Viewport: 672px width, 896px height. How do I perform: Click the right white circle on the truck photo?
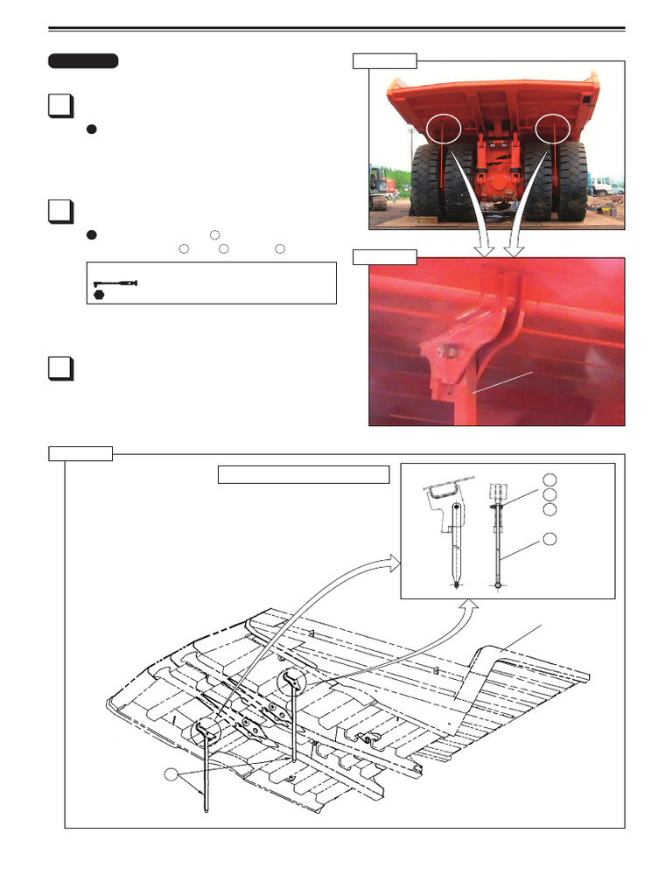552,128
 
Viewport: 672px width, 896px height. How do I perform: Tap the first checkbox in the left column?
59,107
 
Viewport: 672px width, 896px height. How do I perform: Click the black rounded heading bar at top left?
83,60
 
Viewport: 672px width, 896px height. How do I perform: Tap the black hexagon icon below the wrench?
100,295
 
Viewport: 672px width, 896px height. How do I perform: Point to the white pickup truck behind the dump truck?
602,185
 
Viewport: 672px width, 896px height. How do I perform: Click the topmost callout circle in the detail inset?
549,479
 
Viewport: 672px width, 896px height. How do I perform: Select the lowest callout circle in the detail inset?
549,539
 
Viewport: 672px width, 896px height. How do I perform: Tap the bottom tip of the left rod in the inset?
456,584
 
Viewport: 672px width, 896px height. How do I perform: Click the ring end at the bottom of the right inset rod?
497,585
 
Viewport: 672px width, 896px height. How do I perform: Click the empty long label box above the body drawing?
303,474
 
